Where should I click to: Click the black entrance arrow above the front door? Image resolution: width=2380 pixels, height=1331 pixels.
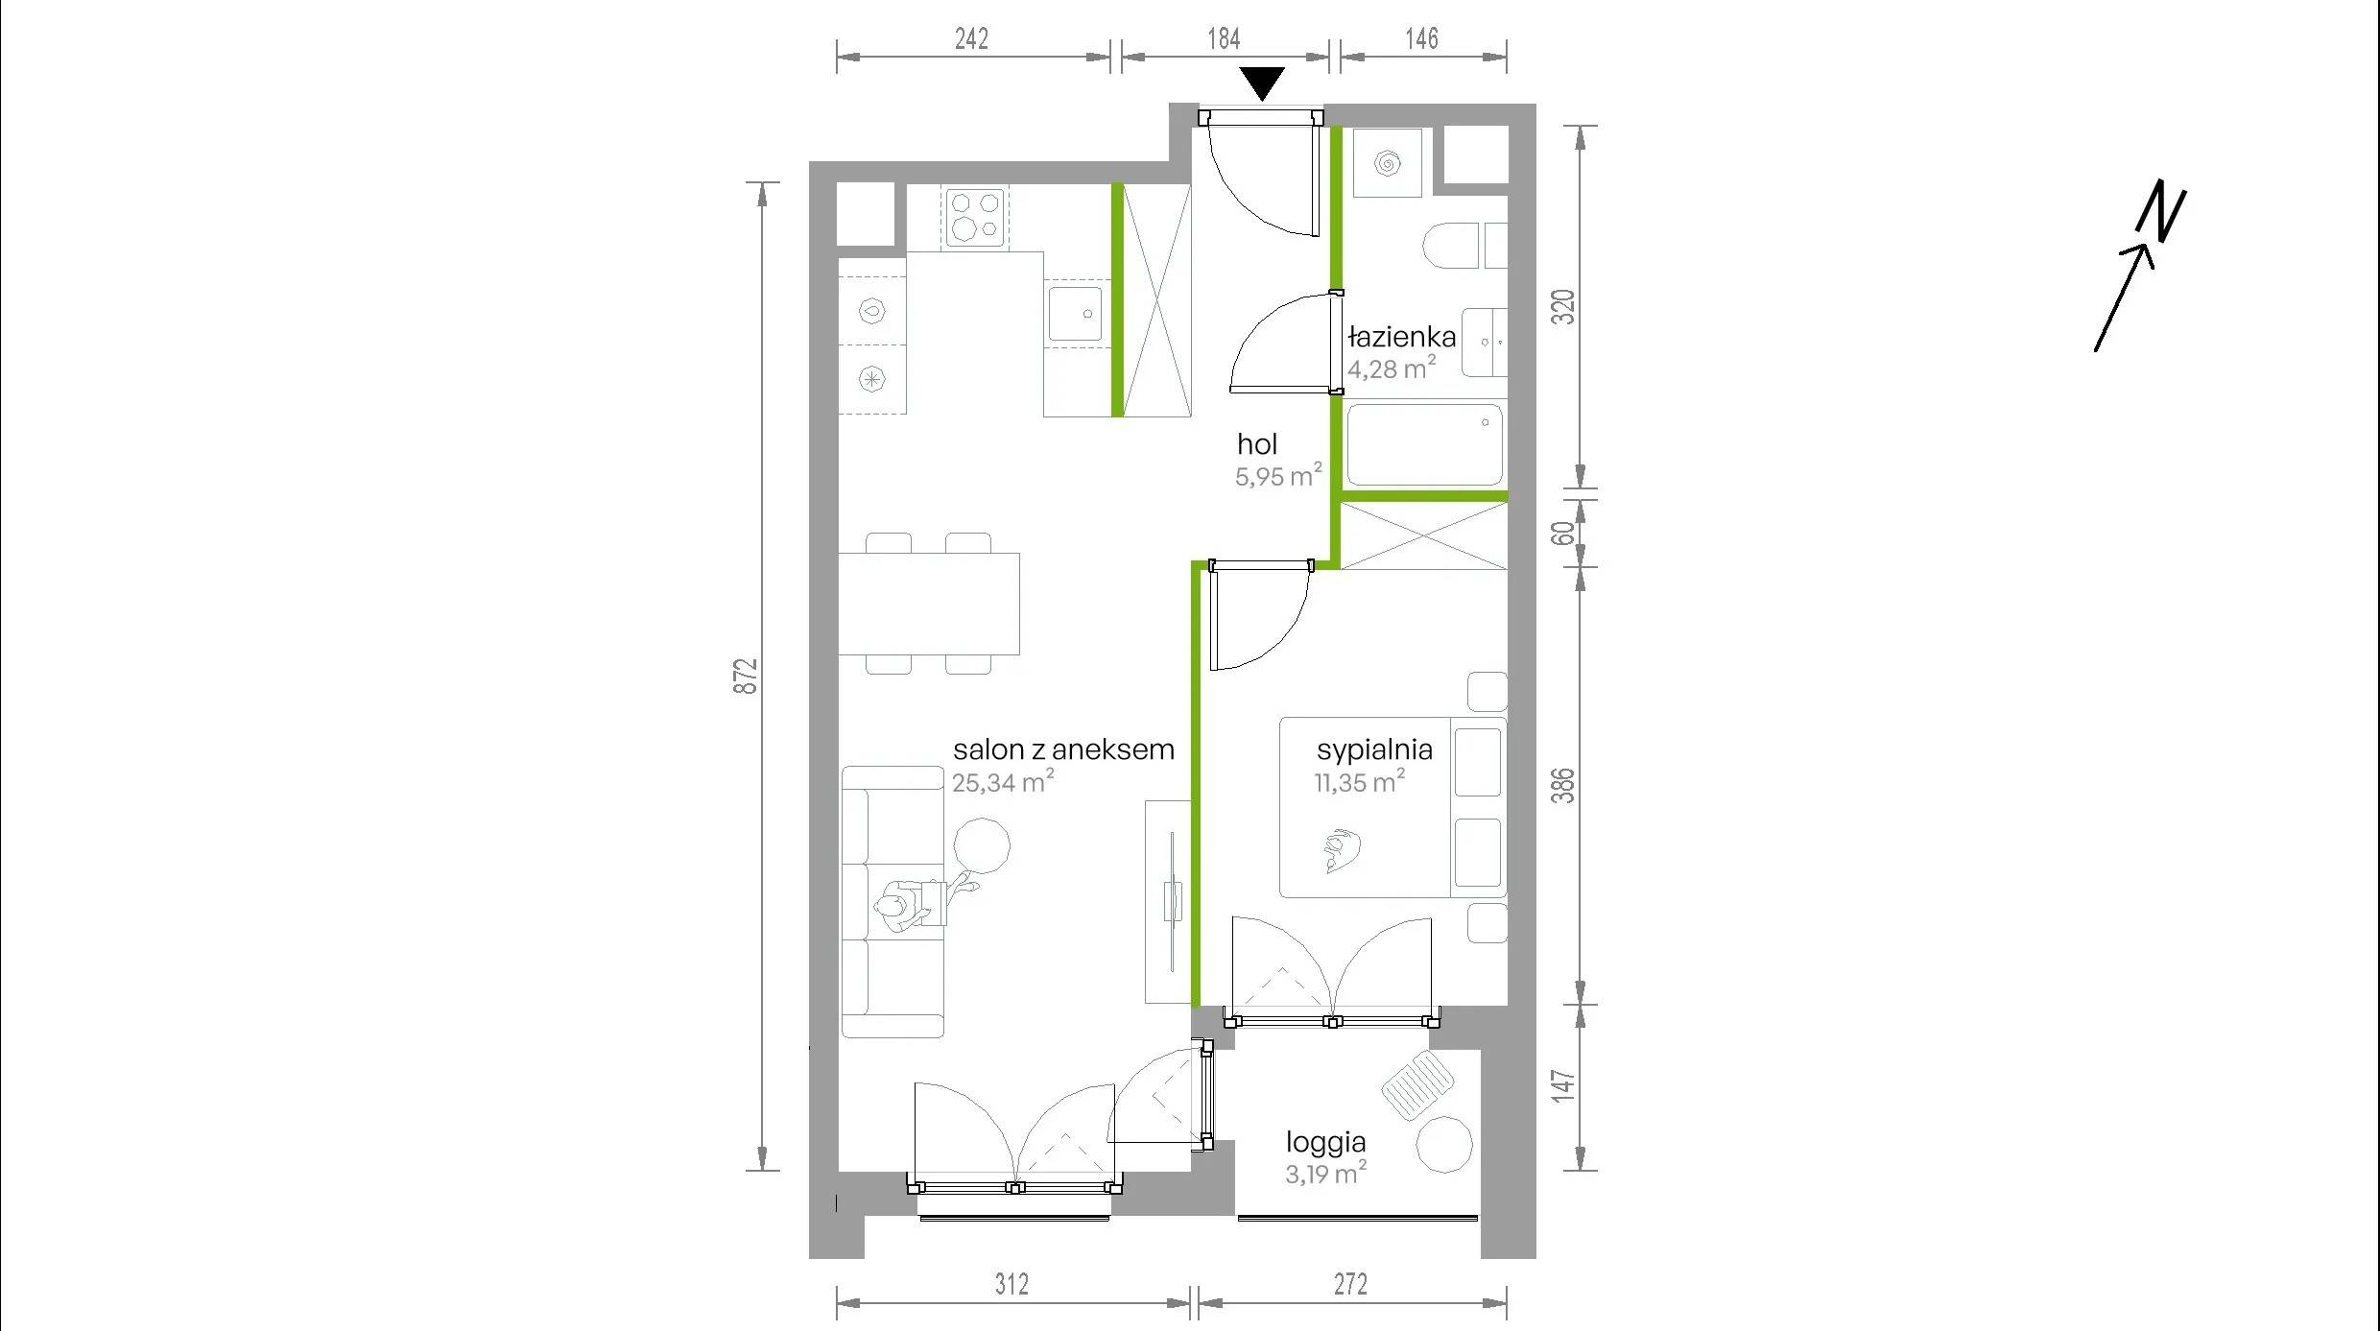(1262, 83)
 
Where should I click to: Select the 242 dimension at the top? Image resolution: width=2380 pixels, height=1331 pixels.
(971, 38)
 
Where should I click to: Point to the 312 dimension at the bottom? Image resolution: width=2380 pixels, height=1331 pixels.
(1011, 1283)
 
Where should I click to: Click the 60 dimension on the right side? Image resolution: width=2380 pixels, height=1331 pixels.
(1564, 533)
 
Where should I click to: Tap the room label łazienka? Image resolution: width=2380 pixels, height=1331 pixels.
(1402, 337)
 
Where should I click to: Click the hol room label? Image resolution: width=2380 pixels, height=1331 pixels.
(1257, 444)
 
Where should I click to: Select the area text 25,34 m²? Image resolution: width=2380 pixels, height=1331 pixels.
(1003, 781)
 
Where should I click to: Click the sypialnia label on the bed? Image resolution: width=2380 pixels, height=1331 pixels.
(1374, 749)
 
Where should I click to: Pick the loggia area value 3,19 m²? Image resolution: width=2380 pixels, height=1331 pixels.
(1326, 1173)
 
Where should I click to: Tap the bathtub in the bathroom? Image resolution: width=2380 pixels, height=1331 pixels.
(1425, 443)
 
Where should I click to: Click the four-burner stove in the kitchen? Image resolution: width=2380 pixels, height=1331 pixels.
(976, 217)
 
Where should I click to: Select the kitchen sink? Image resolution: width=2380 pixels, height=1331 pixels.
(1075, 313)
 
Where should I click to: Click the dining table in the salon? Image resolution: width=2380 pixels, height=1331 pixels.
(929, 604)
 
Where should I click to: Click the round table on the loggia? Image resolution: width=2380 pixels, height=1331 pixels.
(1444, 1145)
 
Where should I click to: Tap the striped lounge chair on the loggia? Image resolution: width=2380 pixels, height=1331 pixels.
(1418, 1084)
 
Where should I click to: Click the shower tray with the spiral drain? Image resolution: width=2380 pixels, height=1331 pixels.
(1387, 163)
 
